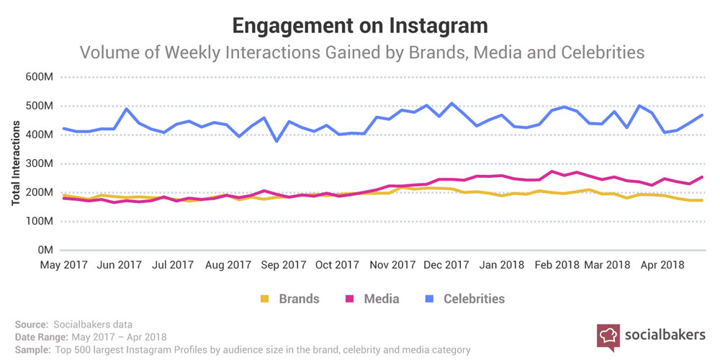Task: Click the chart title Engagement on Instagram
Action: pyautogui.click(x=360, y=25)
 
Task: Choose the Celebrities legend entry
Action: pyautogui.click(x=474, y=298)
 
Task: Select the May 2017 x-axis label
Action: pyautogui.click(x=66, y=265)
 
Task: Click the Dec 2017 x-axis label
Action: pyautogui.click(x=447, y=265)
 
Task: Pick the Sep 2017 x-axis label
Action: pyautogui.click(x=284, y=265)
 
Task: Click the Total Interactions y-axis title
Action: pyautogui.click(x=16, y=163)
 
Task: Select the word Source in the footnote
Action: pyautogui.click(x=30, y=325)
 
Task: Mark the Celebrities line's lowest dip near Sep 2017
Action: pyautogui.click(x=277, y=141)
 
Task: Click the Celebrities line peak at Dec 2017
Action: pyautogui.click(x=451, y=103)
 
